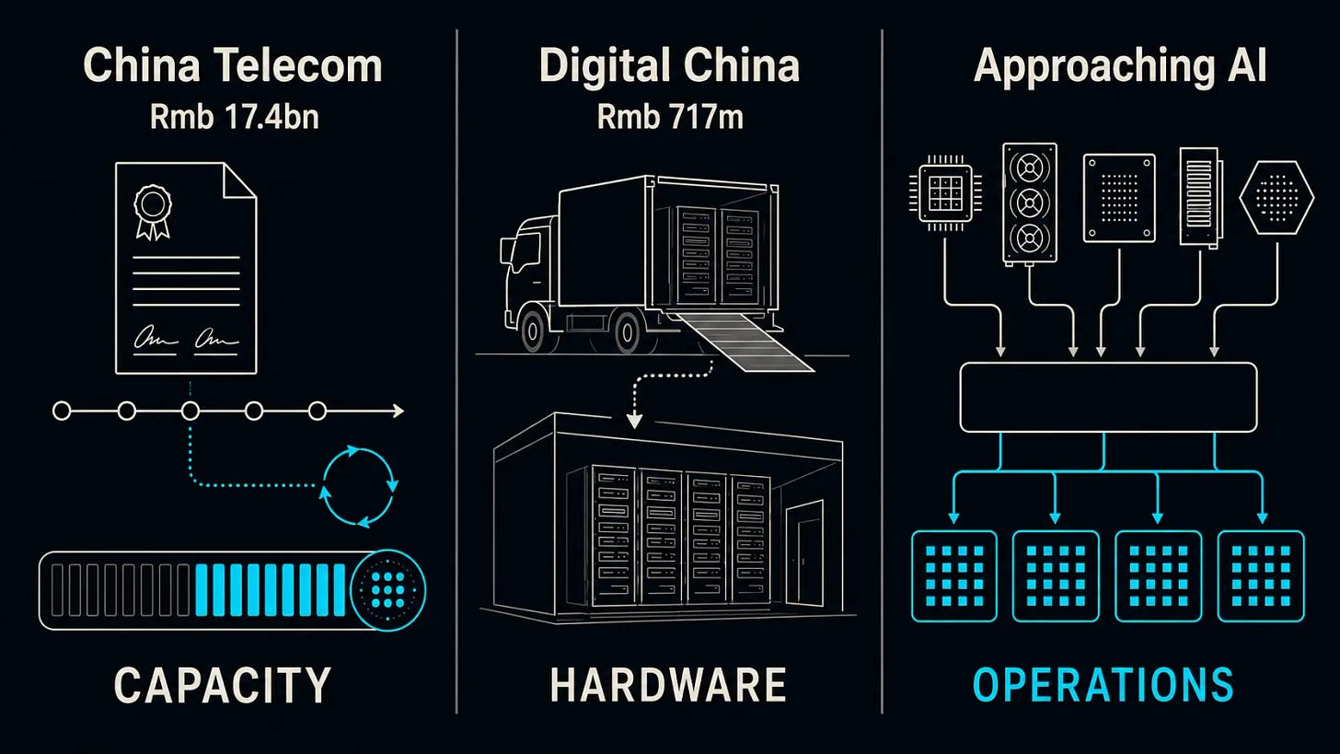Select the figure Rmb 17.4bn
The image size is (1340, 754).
[234, 117]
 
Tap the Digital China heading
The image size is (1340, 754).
[669, 66]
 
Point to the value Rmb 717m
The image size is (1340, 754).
[670, 117]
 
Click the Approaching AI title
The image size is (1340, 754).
[1120, 66]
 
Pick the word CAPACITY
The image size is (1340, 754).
[222, 685]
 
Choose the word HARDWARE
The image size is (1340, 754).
[668, 685]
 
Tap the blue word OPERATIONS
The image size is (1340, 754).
[1103, 685]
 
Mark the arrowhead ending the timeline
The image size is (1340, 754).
[399, 412]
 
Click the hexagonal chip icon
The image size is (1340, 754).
[1276, 197]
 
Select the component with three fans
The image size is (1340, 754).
[1030, 203]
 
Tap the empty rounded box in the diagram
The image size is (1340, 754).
[1108, 398]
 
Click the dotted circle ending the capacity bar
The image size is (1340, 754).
[387, 590]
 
